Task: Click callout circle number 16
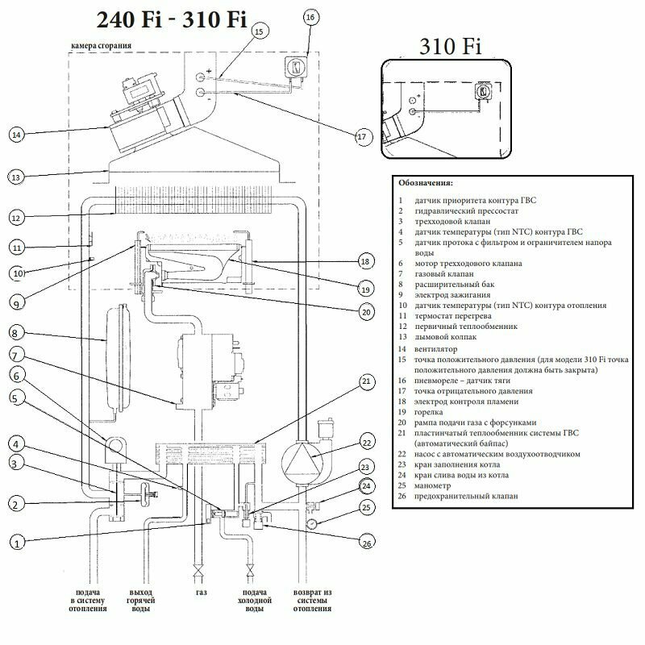pos(312,17)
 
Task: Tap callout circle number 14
pos(16,135)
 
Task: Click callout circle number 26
pos(368,543)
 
